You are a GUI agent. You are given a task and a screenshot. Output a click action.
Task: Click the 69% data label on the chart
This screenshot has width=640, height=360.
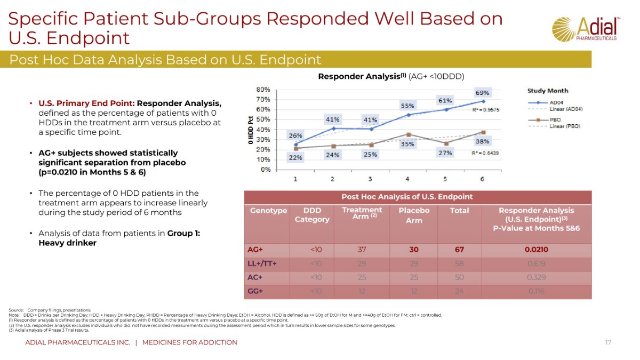point(482,93)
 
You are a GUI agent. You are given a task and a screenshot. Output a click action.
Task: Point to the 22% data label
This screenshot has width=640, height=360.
point(295,157)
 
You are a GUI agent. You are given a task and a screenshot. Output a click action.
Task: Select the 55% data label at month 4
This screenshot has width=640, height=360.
point(407,106)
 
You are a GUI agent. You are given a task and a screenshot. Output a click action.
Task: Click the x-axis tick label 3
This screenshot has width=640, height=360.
point(370,178)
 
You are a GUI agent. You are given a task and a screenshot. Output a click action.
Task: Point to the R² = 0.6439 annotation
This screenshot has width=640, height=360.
point(485,153)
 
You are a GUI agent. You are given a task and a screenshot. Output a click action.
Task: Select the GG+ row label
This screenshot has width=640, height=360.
point(255,291)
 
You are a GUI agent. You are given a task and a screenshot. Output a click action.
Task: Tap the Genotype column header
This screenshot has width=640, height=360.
point(269,211)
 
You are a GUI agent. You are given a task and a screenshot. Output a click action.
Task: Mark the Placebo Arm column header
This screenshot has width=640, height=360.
point(414,215)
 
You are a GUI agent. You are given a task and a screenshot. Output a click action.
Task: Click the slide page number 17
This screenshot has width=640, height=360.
point(608,342)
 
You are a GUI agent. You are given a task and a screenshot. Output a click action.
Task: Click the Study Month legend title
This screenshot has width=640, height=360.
point(548,91)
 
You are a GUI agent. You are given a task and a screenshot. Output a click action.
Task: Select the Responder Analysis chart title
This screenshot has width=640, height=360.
point(391,76)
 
